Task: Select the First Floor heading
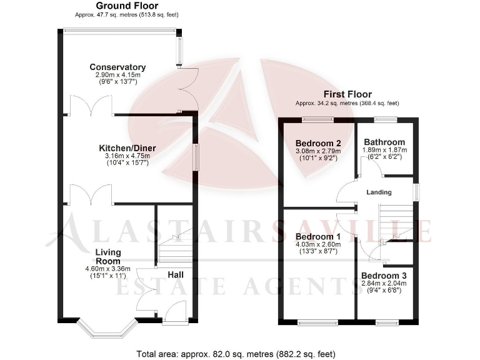[347, 94]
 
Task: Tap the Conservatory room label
[117, 67]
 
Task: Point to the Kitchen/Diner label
[127, 148]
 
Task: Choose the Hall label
[176, 274]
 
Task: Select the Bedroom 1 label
[318, 237]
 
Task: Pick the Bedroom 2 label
[318, 142]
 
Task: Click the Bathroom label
[384, 142]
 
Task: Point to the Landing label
[379, 192]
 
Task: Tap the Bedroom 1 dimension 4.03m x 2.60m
[318, 244]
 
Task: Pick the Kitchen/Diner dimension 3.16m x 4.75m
[127, 156]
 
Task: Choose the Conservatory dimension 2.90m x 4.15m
[117, 75]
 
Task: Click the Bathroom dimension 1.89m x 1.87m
[384, 150]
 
